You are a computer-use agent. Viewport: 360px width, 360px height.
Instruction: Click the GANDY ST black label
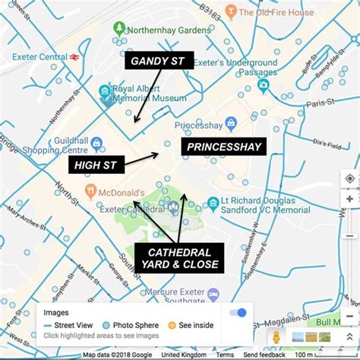pyautogui.click(x=162, y=60)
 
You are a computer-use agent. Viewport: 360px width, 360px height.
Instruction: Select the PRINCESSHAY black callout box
pyautogui.click(x=223, y=147)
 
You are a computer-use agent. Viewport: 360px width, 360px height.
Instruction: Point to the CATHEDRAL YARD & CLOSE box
pyautogui.click(x=179, y=257)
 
